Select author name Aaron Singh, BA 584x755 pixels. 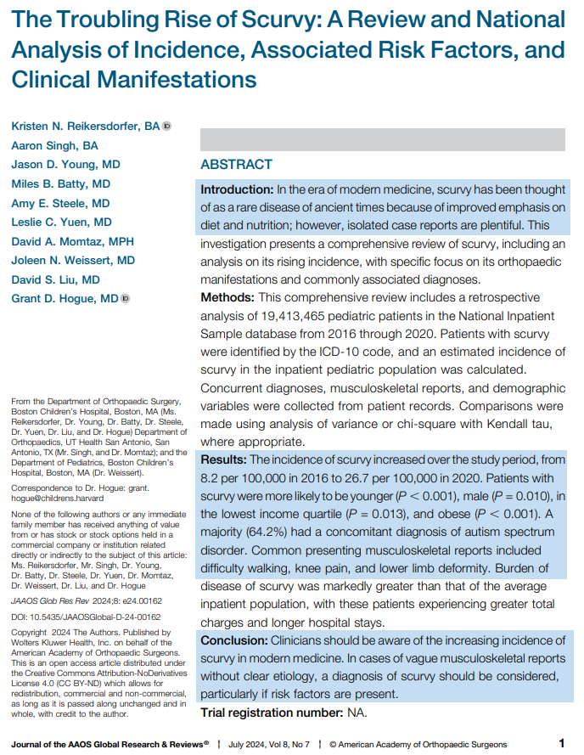(x=54, y=145)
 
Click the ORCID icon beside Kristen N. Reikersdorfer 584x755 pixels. (x=166, y=127)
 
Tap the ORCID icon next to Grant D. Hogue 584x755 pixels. (x=126, y=298)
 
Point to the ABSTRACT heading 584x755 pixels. (x=236, y=165)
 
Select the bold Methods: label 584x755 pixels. (x=227, y=298)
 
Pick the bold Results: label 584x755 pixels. (x=224, y=459)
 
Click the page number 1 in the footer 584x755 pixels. (x=562, y=743)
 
